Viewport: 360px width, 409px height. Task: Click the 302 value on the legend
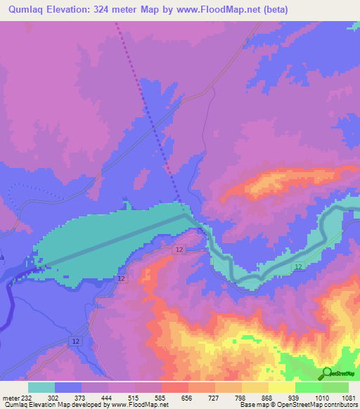(x=53, y=398)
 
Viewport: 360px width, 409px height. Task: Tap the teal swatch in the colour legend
(x=41, y=387)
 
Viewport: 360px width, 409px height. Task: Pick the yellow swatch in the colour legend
(x=282, y=387)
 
